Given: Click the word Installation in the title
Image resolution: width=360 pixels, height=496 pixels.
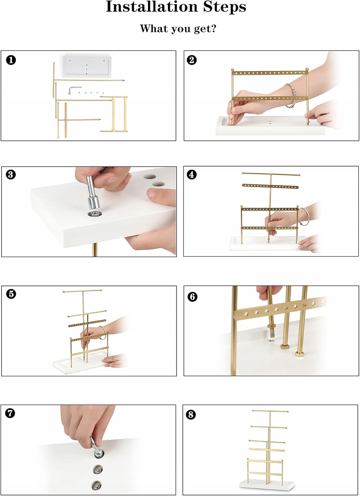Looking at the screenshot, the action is [x=152, y=7].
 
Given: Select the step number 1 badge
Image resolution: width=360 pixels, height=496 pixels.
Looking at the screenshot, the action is [x=11, y=60].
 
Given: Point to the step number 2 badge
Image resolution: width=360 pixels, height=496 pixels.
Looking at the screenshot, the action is [x=192, y=60].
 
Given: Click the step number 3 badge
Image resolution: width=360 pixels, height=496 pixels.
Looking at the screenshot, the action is [x=11, y=175].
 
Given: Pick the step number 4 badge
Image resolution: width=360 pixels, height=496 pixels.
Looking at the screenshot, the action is [x=192, y=175].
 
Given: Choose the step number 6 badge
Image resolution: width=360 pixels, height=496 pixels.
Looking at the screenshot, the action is [x=192, y=297].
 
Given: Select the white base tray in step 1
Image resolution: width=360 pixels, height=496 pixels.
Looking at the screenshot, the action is [x=87, y=66].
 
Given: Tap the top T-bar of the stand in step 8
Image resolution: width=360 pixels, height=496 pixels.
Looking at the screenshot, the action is [x=270, y=411].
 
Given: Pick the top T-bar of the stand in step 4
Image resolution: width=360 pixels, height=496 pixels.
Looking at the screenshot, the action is [x=271, y=174].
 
